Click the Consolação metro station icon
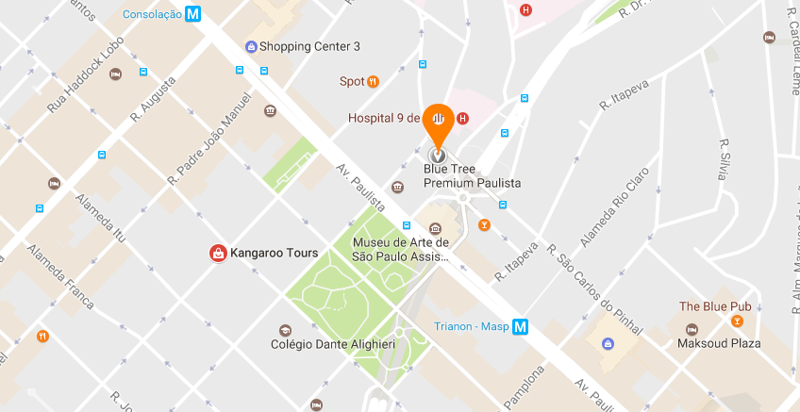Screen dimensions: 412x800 (x=193, y=14)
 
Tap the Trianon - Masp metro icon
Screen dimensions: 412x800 (x=521, y=328)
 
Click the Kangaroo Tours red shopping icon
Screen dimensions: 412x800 (x=217, y=253)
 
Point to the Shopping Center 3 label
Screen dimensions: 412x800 (x=309, y=46)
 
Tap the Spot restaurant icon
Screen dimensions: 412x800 (x=374, y=82)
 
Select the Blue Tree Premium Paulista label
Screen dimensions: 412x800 (x=472, y=175)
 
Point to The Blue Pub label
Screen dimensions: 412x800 (x=715, y=307)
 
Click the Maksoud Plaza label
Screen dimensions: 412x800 (x=718, y=343)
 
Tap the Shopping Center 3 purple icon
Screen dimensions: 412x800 (x=250, y=46)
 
